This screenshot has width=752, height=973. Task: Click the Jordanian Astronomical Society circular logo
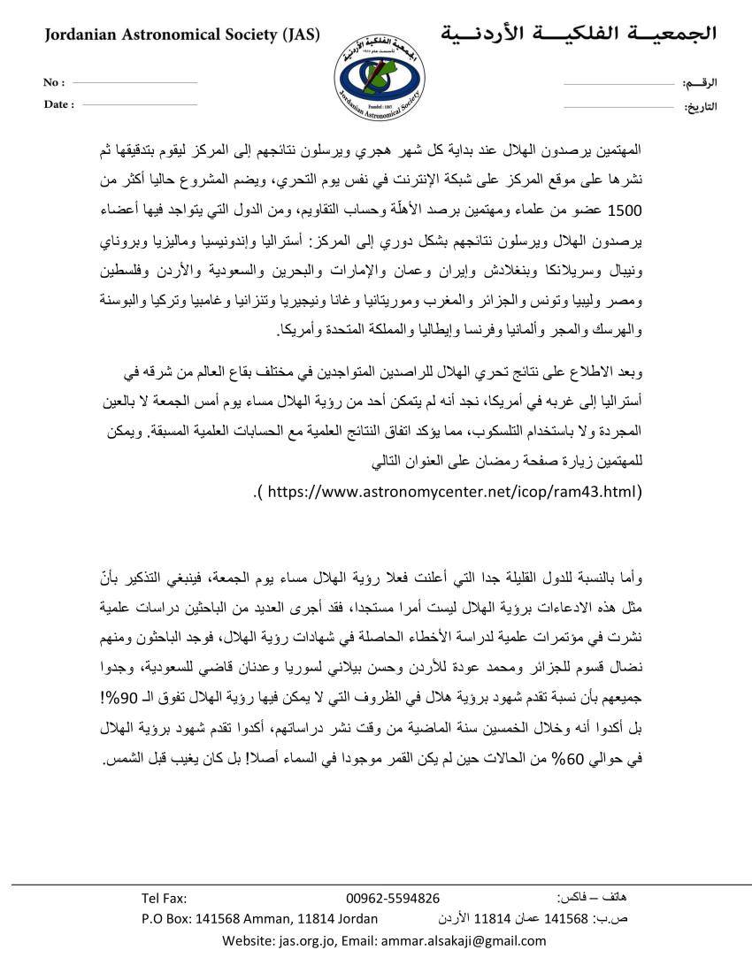point(375,76)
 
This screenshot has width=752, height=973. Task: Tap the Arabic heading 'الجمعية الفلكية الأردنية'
point(579,34)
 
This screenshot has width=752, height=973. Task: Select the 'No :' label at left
point(54,83)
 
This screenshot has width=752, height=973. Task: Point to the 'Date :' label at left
point(58,104)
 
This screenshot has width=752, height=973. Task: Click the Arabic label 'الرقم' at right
point(700,83)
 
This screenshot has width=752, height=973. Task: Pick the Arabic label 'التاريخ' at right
point(700,107)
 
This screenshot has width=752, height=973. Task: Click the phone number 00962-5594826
point(393,899)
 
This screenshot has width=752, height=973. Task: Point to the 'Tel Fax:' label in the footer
point(164,899)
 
